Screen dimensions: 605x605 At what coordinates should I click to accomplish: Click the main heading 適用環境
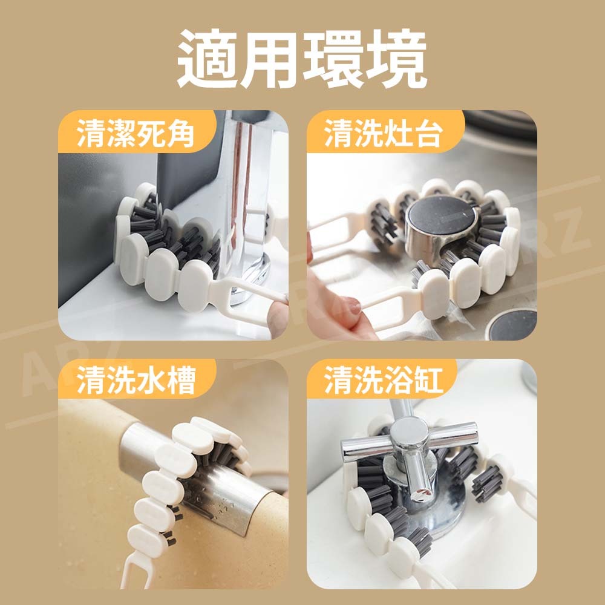coord(302,59)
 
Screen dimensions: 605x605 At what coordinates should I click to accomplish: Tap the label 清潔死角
coord(135,133)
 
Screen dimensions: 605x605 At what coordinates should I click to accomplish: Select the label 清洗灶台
coord(383,133)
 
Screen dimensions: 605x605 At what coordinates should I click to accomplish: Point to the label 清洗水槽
coord(136,380)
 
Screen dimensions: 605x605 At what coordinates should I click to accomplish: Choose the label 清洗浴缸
coord(384,380)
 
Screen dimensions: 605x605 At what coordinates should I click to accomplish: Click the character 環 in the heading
coord(333,59)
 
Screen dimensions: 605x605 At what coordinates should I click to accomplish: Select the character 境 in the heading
coord(397,59)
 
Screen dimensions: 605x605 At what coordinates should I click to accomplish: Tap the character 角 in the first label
coord(180,133)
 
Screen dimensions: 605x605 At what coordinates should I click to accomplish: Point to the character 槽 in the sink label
coord(180,380)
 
